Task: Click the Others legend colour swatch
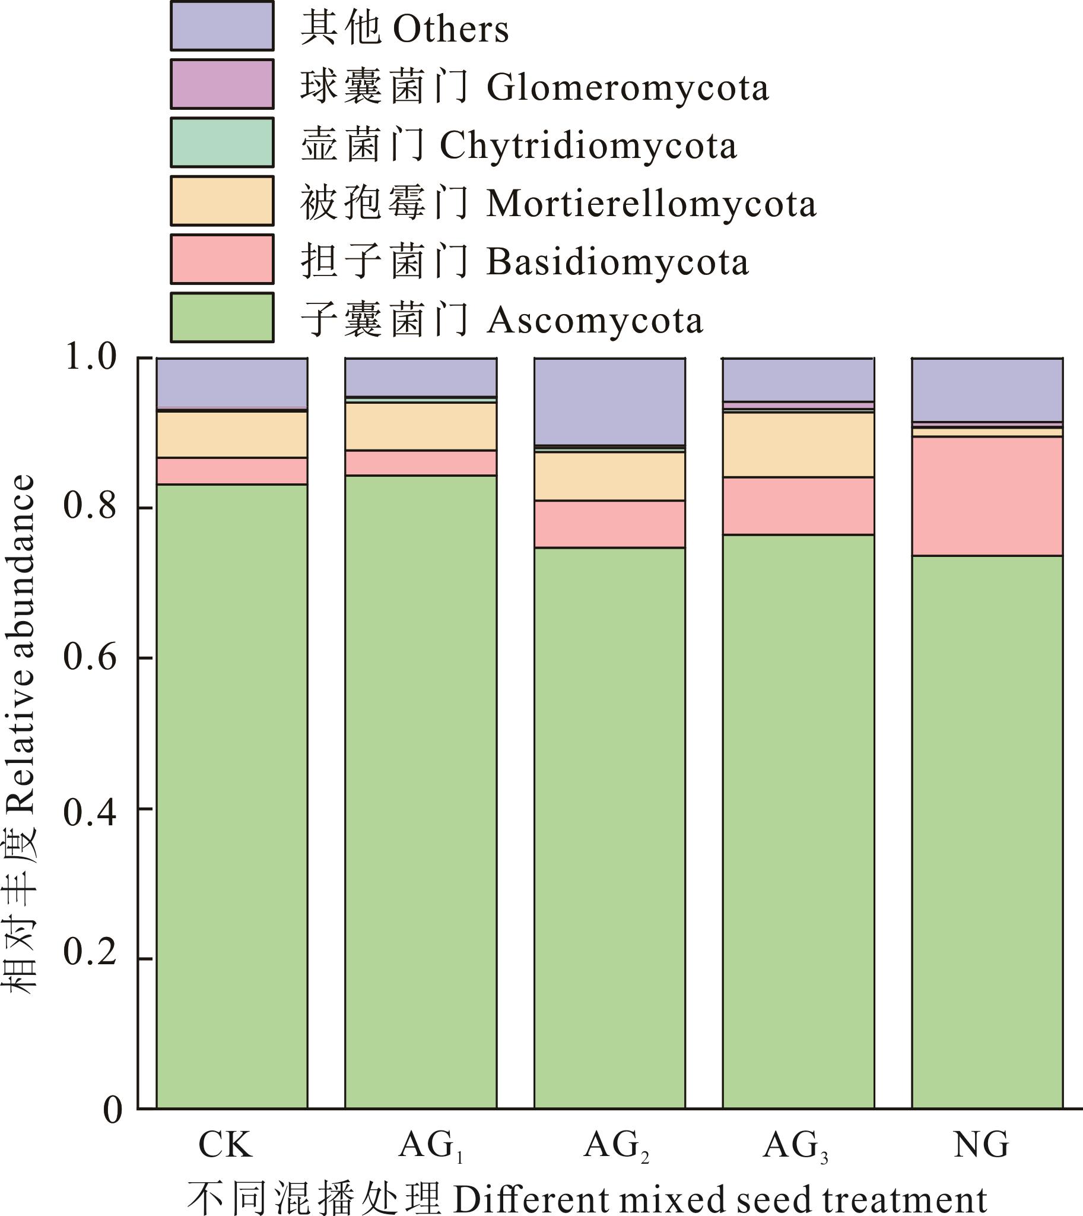(222, 26)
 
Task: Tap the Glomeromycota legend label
(533, 87)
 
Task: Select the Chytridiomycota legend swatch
(222, 142)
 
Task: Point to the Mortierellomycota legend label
(558, 204)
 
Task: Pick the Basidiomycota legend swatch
(222, 259)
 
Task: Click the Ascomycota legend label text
(501, 321)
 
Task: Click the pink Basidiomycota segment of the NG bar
(987, 496)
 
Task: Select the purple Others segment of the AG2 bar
(609, 401)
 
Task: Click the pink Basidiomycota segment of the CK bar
(232, 471)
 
